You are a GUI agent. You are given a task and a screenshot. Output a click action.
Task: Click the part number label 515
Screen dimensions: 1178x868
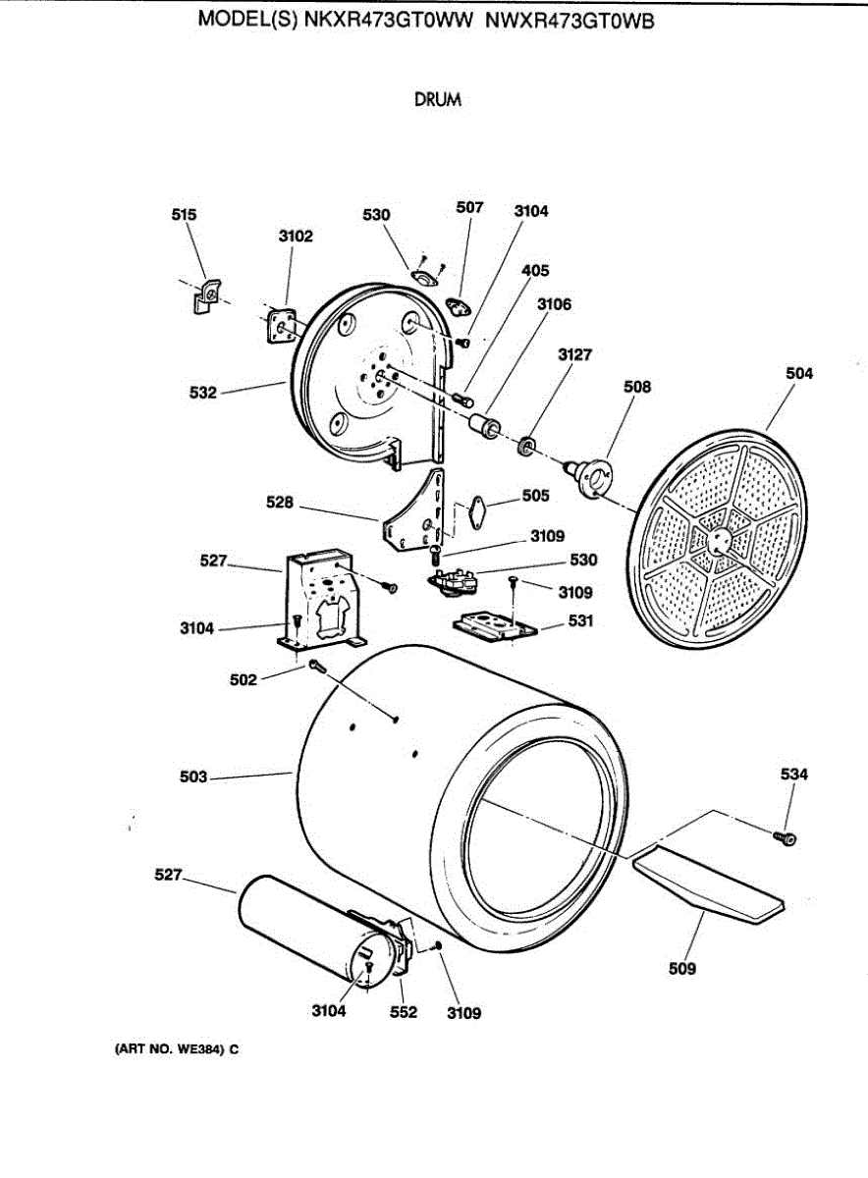pyautogui.click(x=185, y=215)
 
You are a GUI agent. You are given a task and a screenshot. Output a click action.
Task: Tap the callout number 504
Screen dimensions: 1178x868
pyautogui.click(x=800, y=373)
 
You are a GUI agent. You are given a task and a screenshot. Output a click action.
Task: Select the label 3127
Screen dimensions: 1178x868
pyautogui.click(x=575, y=354)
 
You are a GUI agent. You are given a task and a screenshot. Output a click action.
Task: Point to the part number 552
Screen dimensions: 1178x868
pyautogui.click(x=404, y=1012)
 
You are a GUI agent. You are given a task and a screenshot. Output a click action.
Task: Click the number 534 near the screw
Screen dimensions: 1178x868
pyautogui.click(x=794, y=775)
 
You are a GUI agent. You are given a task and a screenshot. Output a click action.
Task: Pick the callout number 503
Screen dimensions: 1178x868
pyautogui.click(x=193, y=777)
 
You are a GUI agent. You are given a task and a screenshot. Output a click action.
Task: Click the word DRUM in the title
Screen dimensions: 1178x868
pyautogui.click(x=438, y=99)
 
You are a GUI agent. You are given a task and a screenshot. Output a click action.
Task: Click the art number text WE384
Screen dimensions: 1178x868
pyautogui.click(x=199, y=1049)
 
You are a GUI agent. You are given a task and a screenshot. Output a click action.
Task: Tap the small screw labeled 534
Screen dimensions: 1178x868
pyautogui.click(x=786, y=837)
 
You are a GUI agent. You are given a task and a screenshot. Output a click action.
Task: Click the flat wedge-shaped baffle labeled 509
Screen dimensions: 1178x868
pyautogui.click(x=708, y=883)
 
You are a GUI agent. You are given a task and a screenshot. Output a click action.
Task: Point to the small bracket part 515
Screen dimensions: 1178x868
pyautogui.click(x=206, y=296)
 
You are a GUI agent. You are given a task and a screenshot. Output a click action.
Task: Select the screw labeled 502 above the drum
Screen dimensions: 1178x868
pyautogui.click(x=316, y=666)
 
